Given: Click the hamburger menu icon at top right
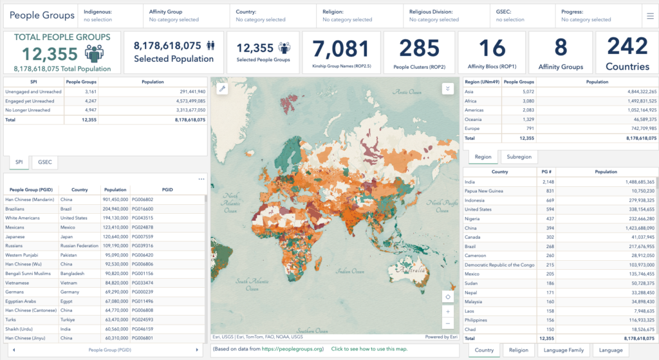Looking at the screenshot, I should (x=649, y=15).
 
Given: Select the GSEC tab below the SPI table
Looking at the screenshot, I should (x=44, y=162).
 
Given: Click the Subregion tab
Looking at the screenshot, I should (x=519, y=156).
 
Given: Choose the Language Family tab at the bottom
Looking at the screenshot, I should (x=564, y=350).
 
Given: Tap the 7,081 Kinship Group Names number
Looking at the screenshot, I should (x=340, y=49).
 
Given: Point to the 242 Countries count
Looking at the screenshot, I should (x=627, y=46).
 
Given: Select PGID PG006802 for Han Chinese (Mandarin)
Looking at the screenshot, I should (x=143, y=200).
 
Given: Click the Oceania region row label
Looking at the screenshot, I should (x=474, y=119).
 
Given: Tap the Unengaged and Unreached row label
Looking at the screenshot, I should (x=31, y=91).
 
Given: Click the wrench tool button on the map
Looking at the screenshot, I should (x=223, y=89).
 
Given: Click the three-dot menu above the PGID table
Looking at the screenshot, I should (x=201, y=179).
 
